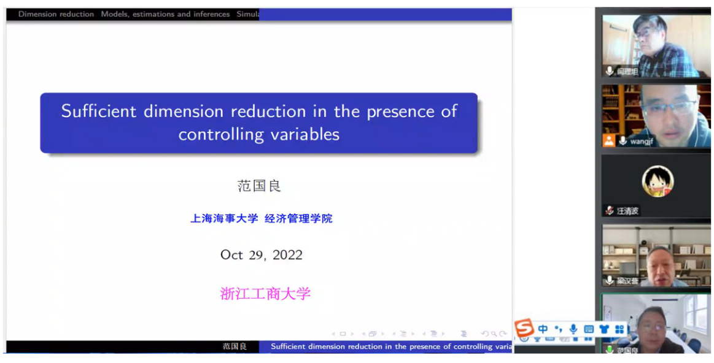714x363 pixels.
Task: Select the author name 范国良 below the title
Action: [258, 186]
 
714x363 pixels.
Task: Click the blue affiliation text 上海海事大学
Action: [224, 218]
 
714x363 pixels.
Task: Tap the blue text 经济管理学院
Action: [298, 218]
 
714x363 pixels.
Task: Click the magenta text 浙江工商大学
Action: [265, 294]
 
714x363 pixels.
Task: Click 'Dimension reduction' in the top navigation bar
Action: [56, 14]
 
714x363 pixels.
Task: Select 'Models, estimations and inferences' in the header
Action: [165, 14]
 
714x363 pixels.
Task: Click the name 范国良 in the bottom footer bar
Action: [235, 346]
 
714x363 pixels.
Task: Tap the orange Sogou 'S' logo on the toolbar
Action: [524, 329]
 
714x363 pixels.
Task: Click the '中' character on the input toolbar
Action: [543, 329]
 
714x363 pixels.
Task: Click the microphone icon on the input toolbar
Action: [573, 329]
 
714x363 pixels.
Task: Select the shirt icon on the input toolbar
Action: [604, 329]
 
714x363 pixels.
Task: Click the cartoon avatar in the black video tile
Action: [658, 182]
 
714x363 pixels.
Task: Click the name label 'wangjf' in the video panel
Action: [642, 142]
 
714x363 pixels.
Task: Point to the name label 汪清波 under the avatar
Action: [627, 211]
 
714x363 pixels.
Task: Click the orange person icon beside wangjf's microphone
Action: [608, 141]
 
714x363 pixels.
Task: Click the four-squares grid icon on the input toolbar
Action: [619, 329]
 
